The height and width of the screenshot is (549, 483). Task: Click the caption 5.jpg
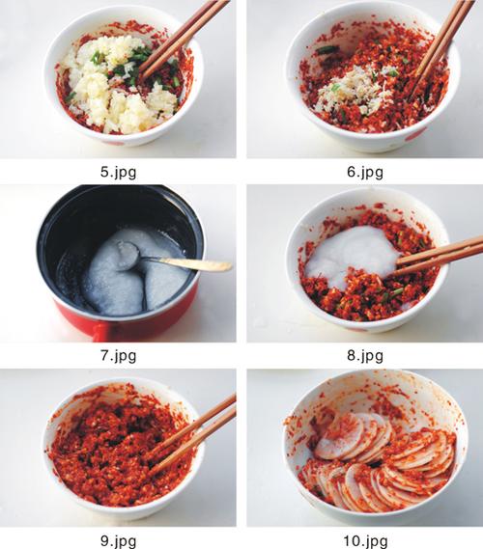118,173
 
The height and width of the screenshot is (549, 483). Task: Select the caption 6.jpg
365,173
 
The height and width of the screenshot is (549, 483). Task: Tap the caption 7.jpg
118,356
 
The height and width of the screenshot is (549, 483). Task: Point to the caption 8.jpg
365,356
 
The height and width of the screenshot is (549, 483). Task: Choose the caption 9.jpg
118,541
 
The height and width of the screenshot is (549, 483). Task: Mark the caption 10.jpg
365,541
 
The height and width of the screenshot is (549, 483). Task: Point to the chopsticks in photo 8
440,255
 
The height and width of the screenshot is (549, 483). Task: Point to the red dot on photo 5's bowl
118,142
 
